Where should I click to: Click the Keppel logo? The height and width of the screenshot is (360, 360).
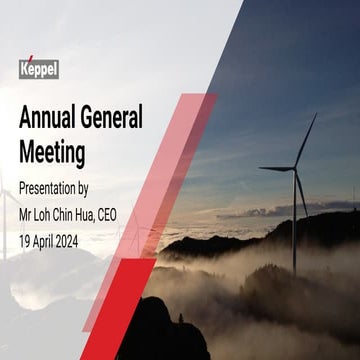click(39, 68)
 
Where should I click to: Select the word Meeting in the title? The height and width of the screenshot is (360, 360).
click(52, 153)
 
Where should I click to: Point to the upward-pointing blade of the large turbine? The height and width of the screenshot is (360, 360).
click(306, 140)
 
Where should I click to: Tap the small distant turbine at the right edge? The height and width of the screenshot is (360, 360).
click(352, 195)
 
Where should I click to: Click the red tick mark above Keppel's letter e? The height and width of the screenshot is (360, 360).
click(29, 58)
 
